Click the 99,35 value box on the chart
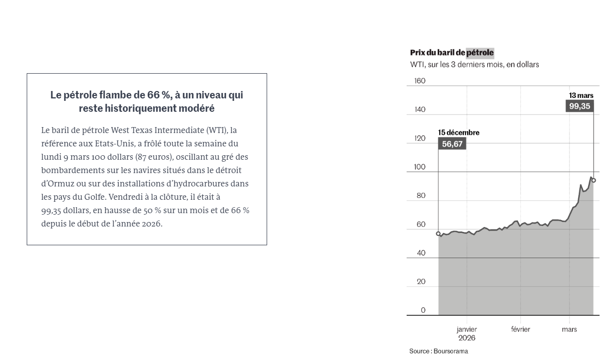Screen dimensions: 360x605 coord(579,106)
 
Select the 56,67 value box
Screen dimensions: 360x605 coord(452,144)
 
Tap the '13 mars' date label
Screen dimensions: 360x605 coord(581,95)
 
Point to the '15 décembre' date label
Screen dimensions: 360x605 coord(459,133)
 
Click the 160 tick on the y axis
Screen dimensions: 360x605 coord(419,81)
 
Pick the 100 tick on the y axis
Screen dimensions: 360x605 coord(419,167)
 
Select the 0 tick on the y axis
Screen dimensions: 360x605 coord(423,311)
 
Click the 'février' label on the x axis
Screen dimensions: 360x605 coord(520,329)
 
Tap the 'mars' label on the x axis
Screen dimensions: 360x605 coord(569,329)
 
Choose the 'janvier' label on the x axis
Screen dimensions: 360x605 coord(466,329)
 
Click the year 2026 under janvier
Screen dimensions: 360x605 coord(466,338)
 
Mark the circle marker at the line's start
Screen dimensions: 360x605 coord(438,233)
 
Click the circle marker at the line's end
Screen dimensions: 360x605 coord(594,180)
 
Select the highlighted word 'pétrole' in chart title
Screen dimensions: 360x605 coord(480,53)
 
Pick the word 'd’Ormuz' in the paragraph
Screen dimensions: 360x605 coord(58,183)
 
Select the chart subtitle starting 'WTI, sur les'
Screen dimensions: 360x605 coord(474,65)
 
